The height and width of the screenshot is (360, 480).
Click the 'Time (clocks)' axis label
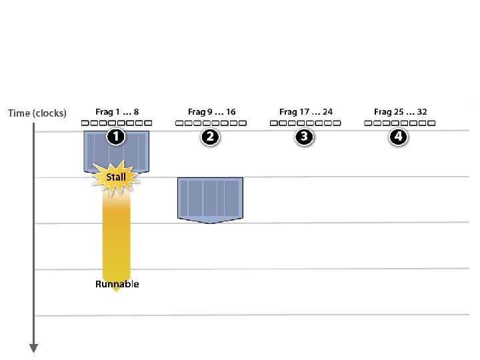click(37, 113)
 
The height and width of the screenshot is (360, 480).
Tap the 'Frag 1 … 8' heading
click(117, 112)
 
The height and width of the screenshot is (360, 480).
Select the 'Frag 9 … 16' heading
click(211, 112)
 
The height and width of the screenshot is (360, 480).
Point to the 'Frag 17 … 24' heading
click(305, 112)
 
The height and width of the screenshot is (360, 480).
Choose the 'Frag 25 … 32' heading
click(400, 112)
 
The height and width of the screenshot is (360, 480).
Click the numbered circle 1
click(116, 137)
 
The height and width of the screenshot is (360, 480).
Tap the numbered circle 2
click(210, 137)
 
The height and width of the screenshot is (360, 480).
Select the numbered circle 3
click(305, 137)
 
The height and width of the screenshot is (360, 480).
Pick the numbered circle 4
click(399, 137)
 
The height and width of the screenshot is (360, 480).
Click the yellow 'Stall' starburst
click(116, 177)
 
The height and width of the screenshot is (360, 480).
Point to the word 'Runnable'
click(117, 284)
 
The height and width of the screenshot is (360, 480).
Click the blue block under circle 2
click(211, 199)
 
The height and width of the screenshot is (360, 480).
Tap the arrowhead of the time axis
click(34, 347)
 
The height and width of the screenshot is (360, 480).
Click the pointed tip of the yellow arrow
click(116, 290)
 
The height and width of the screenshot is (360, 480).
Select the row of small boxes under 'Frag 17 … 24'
click(305, 123)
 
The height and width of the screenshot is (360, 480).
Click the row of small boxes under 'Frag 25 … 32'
click(400, 123)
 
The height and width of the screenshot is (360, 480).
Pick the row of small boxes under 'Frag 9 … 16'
click(211, 123)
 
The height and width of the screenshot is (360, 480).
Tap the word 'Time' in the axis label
click(19, 113)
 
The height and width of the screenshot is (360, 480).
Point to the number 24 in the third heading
click(327, 112)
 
